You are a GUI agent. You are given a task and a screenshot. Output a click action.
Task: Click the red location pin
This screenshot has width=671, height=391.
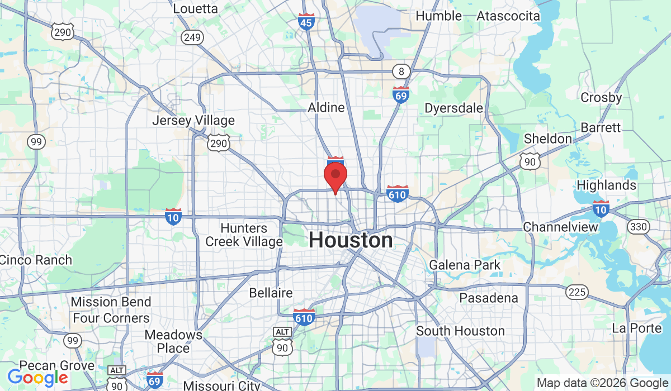(335, 175)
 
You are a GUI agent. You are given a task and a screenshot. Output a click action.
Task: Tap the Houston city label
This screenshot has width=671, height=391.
(351, 241)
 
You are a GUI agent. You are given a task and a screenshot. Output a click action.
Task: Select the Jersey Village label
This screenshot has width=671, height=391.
(193, 121)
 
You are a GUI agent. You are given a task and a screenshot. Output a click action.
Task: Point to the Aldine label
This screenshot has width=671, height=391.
(326, 107)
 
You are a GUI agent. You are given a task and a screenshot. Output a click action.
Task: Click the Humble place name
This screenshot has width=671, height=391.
(439, 16)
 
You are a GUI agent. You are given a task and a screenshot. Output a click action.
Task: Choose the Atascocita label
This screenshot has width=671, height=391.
(508, 16)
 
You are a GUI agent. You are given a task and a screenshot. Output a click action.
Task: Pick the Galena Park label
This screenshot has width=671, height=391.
(465, 265)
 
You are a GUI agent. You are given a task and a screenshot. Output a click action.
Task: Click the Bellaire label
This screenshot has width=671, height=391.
(271, 293)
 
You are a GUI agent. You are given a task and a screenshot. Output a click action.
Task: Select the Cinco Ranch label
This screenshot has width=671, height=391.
(36, 260)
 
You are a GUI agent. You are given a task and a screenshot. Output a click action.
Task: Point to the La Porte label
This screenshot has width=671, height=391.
(637, 328)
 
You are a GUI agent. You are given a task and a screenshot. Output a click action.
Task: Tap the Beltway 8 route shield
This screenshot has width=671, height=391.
(401, 71)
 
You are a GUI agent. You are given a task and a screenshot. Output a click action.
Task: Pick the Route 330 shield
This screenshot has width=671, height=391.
(638, 227)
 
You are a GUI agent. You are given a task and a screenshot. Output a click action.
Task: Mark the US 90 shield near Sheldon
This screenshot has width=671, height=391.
(530, 161)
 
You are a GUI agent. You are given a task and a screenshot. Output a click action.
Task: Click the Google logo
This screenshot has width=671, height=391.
(37, 378)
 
